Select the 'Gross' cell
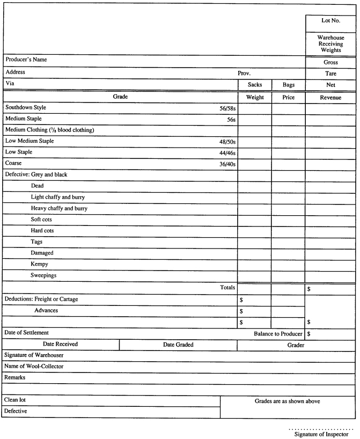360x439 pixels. click(x=330, y=62)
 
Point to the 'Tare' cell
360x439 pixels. click(x=330, y=74)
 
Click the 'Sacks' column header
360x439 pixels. click(x=254, y=85)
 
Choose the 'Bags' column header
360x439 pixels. click(x=288, y=85)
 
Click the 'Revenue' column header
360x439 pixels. click(x=330, y=97)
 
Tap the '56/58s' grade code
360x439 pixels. click(x=225, y=108)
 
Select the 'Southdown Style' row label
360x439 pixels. click(x=26, y=107)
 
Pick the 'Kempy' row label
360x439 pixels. click(x=41, y=264)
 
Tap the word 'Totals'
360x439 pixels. click(x=228, y=288)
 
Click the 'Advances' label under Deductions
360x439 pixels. click(x=46, y=311)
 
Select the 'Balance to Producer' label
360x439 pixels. click(x=278, y=334)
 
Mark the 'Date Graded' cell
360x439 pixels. click(x=178, y=345)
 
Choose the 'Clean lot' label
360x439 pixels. click(x=17, y=400)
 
